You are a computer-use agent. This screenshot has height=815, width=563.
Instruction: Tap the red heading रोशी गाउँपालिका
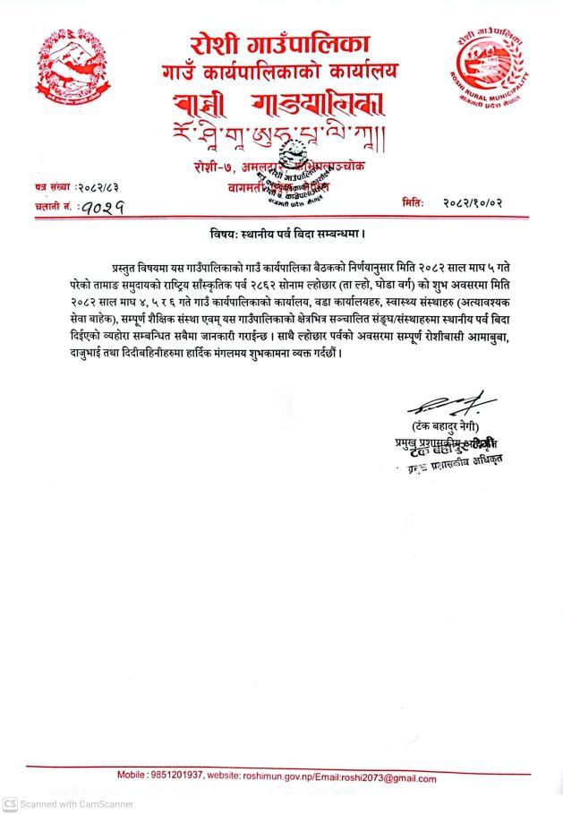tap(279, 42)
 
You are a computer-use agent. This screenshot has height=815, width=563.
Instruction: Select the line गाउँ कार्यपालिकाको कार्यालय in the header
tap(279, 69)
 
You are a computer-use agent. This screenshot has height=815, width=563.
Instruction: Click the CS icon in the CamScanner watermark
tap(9, 804)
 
